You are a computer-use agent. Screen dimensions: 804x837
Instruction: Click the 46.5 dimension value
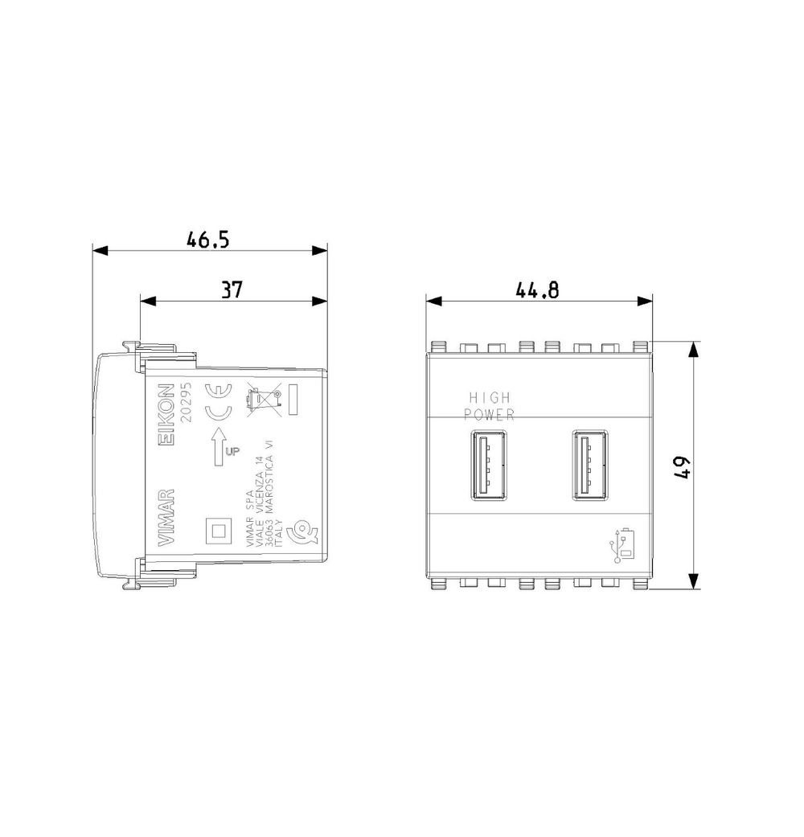(x=207, y=240)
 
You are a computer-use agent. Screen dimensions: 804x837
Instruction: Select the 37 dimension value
(x=232, y=289)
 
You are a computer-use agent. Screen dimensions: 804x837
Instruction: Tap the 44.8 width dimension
(x=538, y=289)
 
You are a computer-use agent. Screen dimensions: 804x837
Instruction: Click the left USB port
(x=489, y=465)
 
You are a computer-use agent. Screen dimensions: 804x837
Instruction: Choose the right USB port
(x=590, y=465)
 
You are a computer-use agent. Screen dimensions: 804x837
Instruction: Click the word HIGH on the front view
(x=490, y=398)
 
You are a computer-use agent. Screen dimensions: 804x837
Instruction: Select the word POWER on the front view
(x=489, y=414)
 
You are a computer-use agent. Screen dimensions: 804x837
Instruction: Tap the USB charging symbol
(x=622, y=546)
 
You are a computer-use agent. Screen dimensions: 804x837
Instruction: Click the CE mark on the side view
(x=219, y=403)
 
